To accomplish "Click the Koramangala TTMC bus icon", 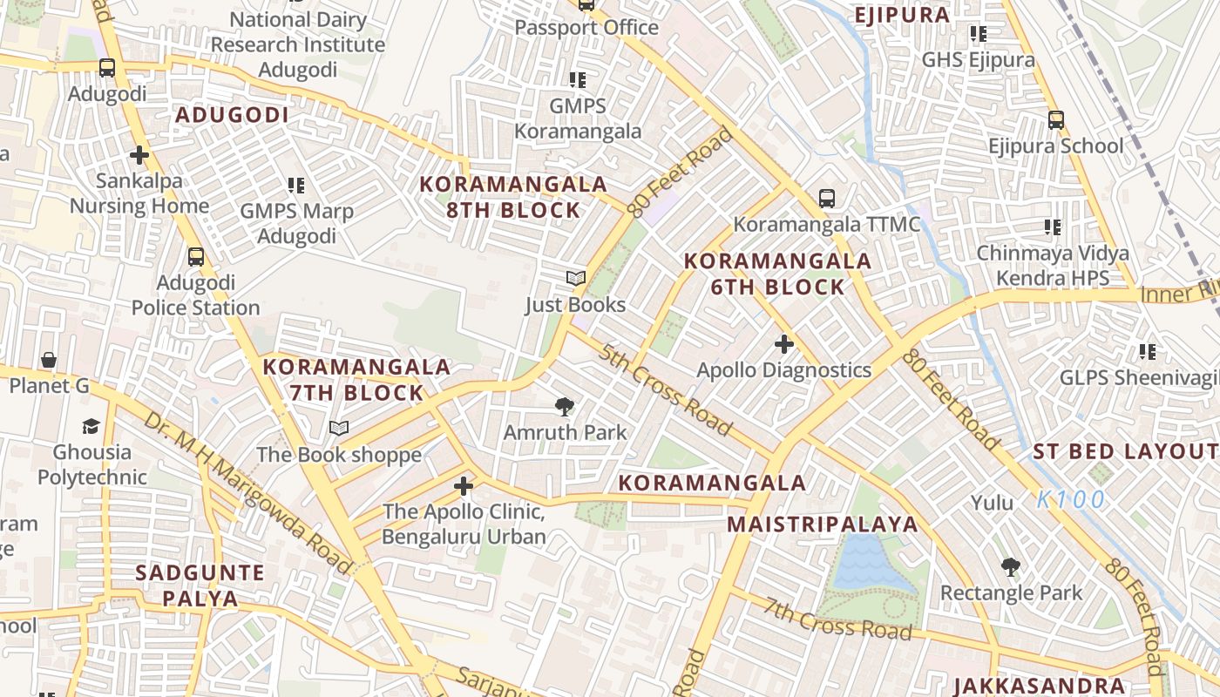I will click(x=826, y=199).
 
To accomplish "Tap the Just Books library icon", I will click(x=575, y=279).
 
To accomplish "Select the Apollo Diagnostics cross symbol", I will click(x=783, y=344).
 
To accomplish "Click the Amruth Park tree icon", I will click(x=565, y=406).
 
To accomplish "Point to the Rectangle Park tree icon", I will click(x=1011, y=567).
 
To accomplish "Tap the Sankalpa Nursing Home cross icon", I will click(x=139, y=156).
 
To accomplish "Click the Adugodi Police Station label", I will click(x=195, y=295).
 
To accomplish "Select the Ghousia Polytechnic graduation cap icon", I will click(x=91, y=426).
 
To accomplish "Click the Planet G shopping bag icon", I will click(x=49, y=360).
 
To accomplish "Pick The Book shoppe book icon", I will click(x=339, y=429).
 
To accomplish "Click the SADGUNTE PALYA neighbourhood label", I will click(x=200, y=585).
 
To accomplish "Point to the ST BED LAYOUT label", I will click(x=1125, y=451).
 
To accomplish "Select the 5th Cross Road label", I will click(x=665, y=390).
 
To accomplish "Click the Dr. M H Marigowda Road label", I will click(x=248, y=492).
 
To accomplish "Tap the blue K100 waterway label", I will click(x=1071, y=500).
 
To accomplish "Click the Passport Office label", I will click(x=586, y=28).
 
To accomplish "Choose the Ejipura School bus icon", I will click(x=1055, y=120).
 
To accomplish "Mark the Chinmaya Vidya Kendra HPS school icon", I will click(x=1053, y=227).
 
